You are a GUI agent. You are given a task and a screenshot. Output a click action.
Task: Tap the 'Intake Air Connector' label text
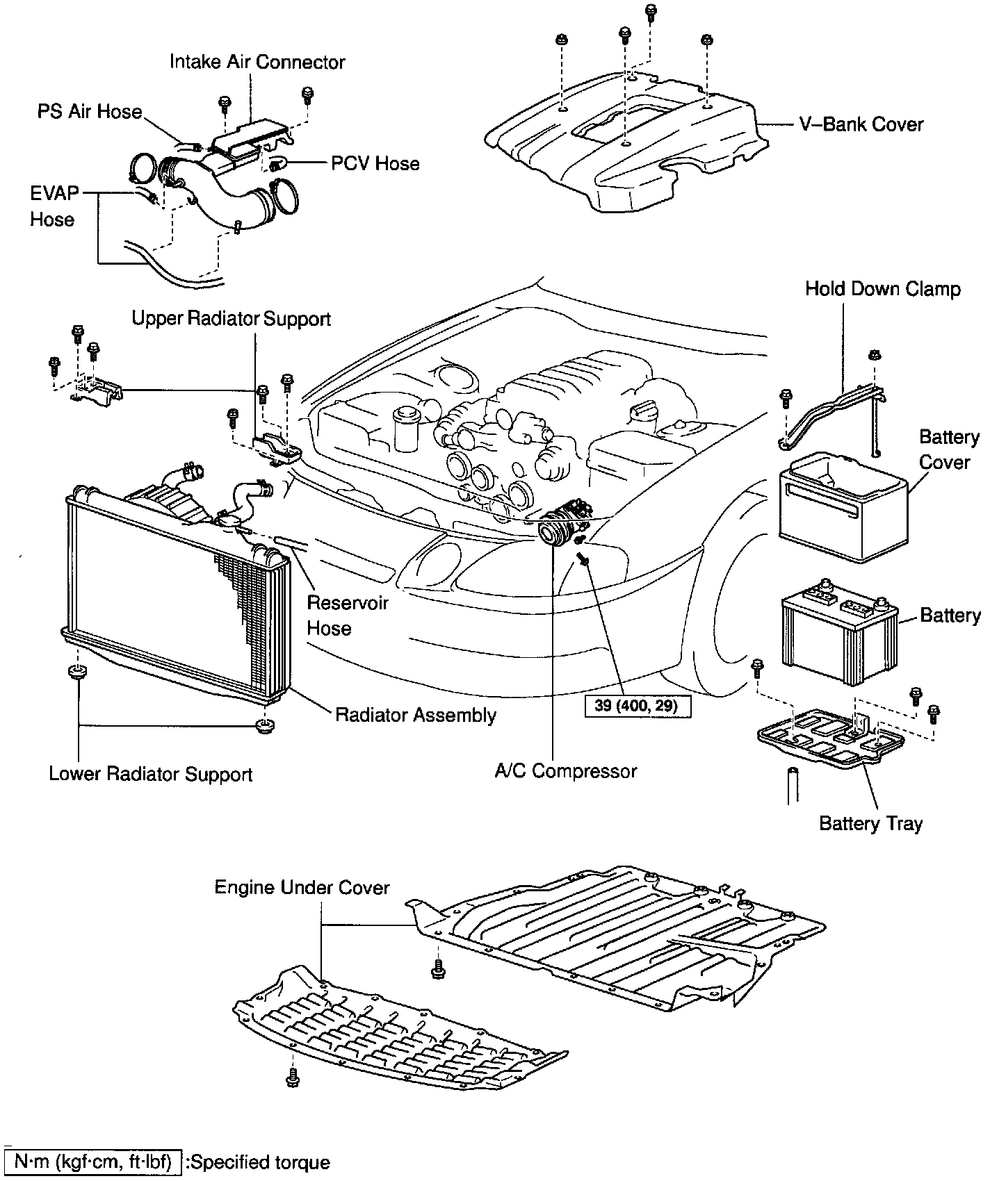[x=257, y=63]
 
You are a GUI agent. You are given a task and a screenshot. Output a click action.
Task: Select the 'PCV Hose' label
[x=375, y=164]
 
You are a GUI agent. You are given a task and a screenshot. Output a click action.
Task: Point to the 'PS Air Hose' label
[x=90, y=112]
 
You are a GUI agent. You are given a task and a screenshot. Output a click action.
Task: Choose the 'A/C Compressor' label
[x=566, y=771]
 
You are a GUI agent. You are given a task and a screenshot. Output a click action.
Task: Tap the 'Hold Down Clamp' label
[x=883, y=289]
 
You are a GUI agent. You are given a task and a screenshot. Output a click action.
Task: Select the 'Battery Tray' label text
[x=870, y=824]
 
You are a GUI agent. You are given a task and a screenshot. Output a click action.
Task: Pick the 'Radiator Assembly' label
[x=416, y=715]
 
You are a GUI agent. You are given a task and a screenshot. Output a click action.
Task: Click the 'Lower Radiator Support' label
[x=150, y=774]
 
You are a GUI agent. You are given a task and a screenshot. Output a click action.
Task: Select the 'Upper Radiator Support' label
[x=232, y=320]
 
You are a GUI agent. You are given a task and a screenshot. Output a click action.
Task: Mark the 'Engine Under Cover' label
[x=302, y=888]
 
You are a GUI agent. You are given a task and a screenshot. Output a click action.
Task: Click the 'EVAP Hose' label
[x=53, y=206]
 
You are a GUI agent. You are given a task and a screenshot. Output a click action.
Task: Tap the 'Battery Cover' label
[x=948, y=449]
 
